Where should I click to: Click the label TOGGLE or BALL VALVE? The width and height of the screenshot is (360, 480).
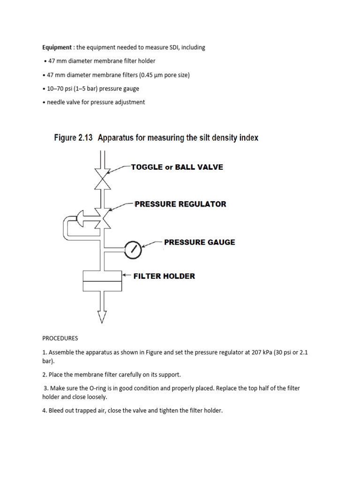pyautogui.click(x=177, y=167)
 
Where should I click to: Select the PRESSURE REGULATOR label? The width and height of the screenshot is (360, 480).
pyautogui.click(x=180, y=204)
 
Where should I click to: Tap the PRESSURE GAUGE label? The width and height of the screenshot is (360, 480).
pyautogui.click(x=199, y=242)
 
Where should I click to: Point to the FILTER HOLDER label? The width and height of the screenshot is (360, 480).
pyautogui.click(x=164, y=276)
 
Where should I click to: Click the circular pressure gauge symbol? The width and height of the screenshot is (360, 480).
pyautogui.click(x=134, y=250)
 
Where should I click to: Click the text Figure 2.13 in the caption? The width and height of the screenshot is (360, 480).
pyautogui.click(x=71, y=138)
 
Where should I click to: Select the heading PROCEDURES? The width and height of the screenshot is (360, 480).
pyautogui.click(x=60, y=338)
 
